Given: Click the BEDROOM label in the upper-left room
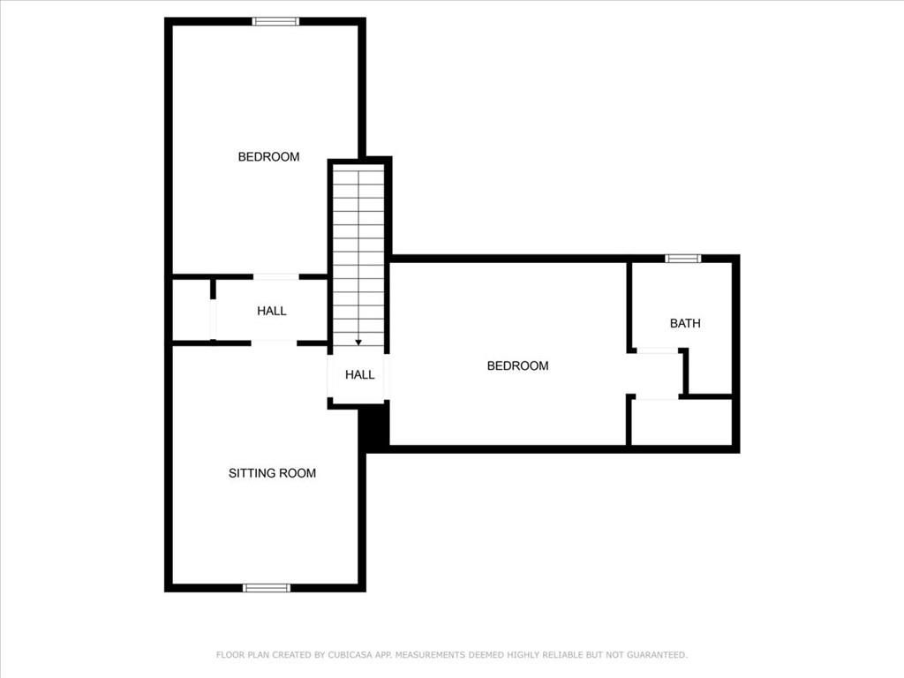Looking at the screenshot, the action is (268, 157).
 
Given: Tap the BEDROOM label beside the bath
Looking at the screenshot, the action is (517, 365).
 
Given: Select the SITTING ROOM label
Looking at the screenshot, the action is (272, 473).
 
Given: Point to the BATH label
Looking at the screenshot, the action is (685, 323).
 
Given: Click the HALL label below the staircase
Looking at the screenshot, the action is (360, 374).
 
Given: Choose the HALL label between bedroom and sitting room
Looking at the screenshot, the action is (272, 311).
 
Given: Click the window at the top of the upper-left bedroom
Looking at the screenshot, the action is (275, 21).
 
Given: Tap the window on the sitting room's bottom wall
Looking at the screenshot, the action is (267, 588).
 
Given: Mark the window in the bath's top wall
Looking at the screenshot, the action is (683, 259).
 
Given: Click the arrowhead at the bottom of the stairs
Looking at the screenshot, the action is (358, 343).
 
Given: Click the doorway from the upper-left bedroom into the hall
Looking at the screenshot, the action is (276, 276).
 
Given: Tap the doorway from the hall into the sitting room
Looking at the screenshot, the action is (274, 343).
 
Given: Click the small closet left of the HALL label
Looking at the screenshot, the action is (192, 310).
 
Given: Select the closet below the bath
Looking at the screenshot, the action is (682, 422).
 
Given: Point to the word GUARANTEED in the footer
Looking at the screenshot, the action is (657, 655).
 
